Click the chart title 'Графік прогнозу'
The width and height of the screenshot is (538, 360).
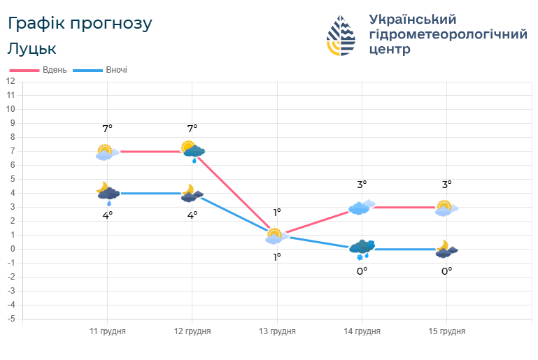point(79,23)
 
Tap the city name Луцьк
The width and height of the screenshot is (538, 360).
point(32,49)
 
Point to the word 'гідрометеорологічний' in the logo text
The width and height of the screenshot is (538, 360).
point(448,34)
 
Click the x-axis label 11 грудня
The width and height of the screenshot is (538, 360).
point(107,331)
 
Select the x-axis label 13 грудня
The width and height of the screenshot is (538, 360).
point(277,331)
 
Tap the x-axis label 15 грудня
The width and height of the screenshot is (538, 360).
point(447,331)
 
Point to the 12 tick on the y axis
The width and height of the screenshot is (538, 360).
point(10,81)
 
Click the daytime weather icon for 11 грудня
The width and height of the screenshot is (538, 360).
point(104,152)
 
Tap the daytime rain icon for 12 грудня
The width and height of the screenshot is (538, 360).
point(193,151)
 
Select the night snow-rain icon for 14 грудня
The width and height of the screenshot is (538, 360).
point(362,249)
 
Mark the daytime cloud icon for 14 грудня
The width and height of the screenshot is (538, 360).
point(362,206)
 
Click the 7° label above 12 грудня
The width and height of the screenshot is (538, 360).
point(192,128)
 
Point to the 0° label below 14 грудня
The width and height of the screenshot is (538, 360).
point(362,271)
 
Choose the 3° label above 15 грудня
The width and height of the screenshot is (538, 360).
point(446,185)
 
